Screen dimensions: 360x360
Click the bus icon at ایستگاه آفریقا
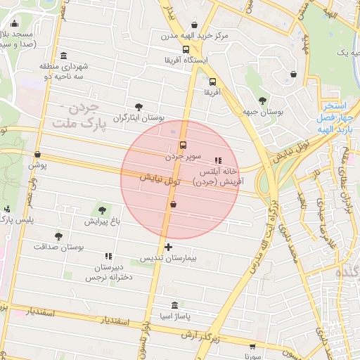click(186, 49)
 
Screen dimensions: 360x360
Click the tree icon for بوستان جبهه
click(263, 101)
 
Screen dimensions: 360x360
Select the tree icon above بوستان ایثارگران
click(138, 107)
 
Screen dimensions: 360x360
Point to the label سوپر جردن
click(184, 155)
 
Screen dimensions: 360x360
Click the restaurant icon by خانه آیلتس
click(217, 160)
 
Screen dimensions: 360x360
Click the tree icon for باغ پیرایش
click(103, 210)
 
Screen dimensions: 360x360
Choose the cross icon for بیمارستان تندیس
click(168, 247)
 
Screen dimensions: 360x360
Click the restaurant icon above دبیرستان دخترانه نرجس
click(108, 257)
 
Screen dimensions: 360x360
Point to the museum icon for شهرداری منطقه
click(65, 56)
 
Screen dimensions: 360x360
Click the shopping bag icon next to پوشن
click(37, 155)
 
